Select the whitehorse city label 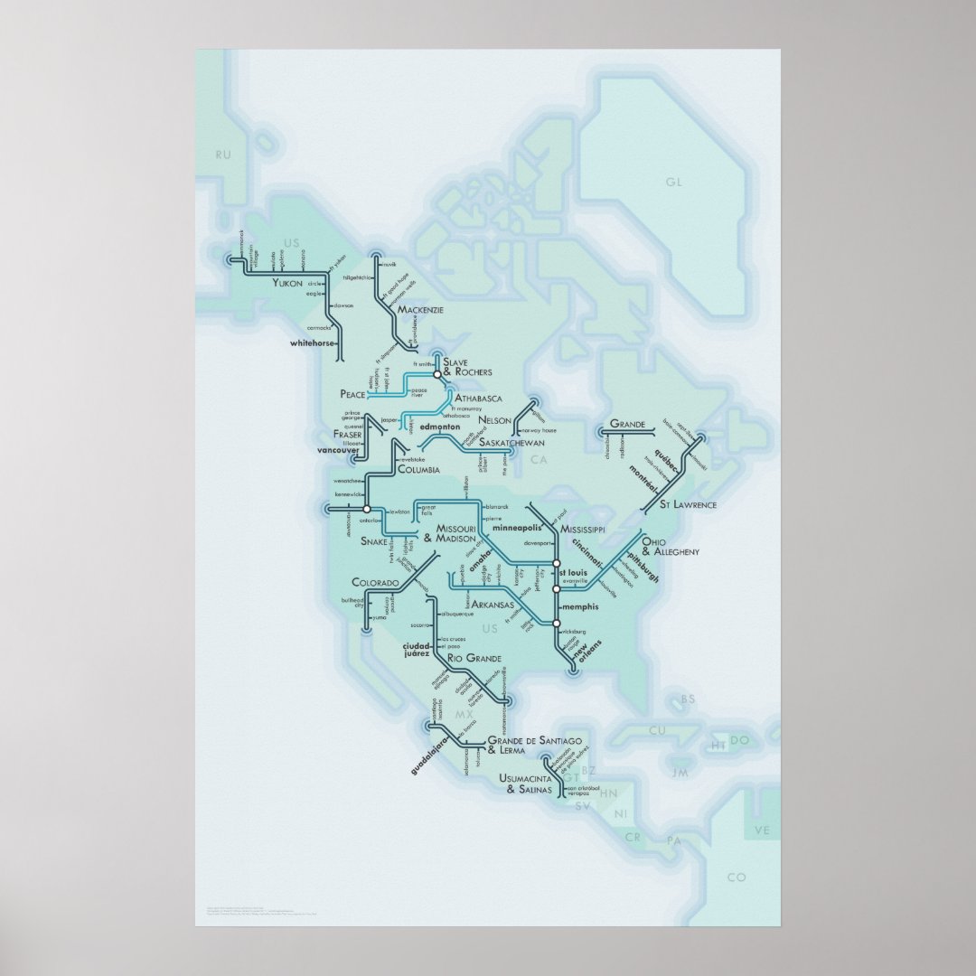click(312, 343)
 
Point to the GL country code click(672, 183)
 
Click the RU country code click(223, 155)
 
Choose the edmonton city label click(440, 426)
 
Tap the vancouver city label click(339, 449)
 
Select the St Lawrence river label click(688, 504)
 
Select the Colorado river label click(375, 583)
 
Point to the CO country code click(737, 877)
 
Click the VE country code click(764, 831)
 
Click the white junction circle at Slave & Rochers click(436, 373)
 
